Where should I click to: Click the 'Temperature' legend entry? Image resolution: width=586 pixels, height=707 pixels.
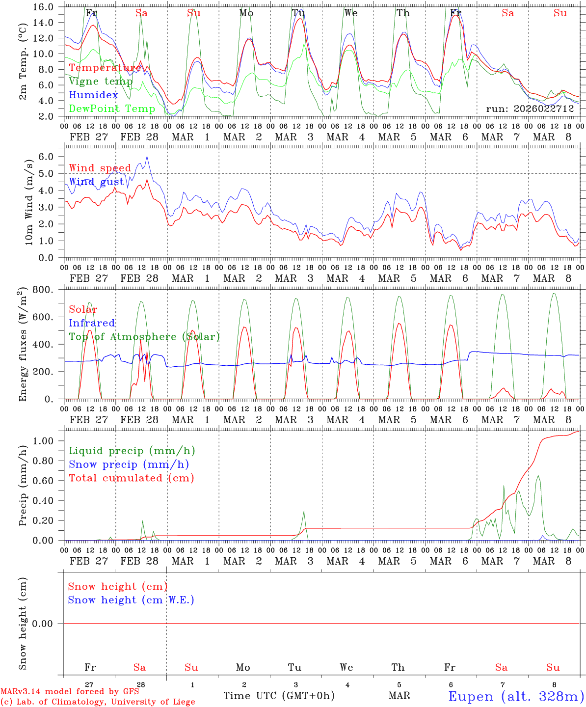[x=105, y=68]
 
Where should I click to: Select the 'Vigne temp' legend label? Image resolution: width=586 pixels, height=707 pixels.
[x=101, y=82]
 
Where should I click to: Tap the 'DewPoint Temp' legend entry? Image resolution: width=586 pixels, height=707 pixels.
[x=112, y=109]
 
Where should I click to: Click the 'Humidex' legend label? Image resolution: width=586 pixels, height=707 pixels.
[x=93, y=95]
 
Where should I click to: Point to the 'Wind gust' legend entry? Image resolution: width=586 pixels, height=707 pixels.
[x=96, y=182]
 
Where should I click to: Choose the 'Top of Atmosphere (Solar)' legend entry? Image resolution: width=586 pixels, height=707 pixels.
[x=144, y=337]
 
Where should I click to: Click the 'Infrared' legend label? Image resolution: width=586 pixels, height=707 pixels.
[x=92, y=323]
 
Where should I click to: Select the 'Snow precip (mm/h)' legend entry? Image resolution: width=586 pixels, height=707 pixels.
[x=129, y=464]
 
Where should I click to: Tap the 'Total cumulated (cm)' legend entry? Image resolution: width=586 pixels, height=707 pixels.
[x=131, y=478]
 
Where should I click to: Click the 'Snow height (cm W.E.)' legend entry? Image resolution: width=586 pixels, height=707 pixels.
[x=131, y=600]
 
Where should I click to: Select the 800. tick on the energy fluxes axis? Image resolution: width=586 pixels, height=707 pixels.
[x=47, y=290]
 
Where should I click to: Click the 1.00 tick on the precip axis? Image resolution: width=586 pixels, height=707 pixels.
[x=47, y=441]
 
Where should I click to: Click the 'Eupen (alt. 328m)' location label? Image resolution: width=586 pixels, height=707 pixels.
[x=516, y=696]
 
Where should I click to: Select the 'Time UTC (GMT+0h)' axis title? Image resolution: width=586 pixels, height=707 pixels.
[x=279, y=696]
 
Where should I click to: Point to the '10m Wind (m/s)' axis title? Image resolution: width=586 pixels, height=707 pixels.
[x=29, y=202]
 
